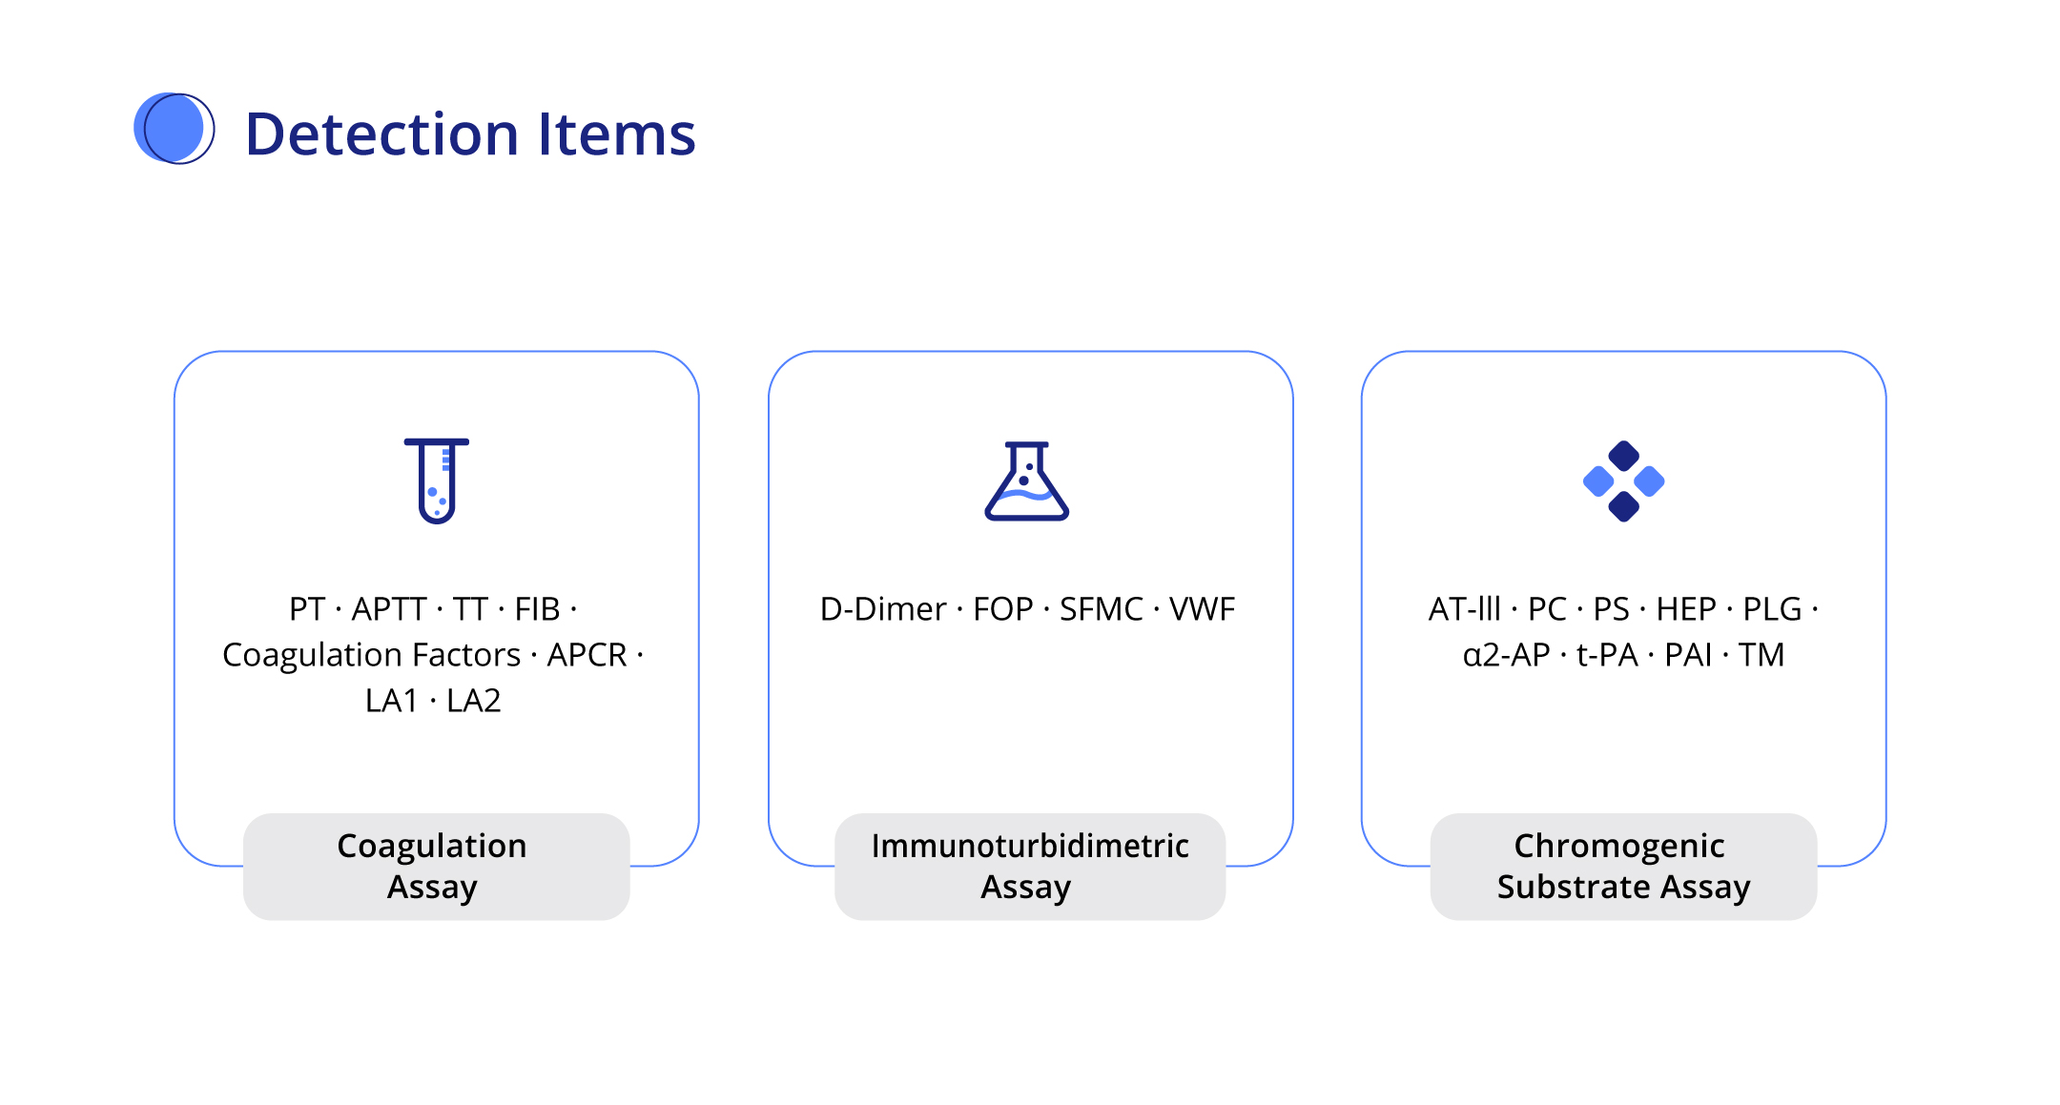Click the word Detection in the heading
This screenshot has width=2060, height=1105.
(381, 133)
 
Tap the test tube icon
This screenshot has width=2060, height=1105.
(437, 481)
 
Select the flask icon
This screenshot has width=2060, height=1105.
(1027, 481)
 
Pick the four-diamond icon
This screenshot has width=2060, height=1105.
(1623, 481)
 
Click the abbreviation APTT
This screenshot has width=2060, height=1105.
(389, 608)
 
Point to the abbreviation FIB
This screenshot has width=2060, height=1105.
(537, 608)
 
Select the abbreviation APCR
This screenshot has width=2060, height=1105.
(587, 655)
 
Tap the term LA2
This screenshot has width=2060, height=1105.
(474, 701)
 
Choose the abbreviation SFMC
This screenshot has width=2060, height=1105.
(1102, 608)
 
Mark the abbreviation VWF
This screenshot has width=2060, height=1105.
(1203, 608)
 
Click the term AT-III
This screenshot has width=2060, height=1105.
(1464, 608)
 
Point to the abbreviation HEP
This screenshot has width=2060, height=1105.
(1686, 608)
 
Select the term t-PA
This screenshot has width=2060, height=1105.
(1607, 655)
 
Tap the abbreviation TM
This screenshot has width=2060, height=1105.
(1761, 655)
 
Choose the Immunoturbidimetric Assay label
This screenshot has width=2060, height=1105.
(1030, 867)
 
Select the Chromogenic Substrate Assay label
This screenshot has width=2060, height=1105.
(1623, 867)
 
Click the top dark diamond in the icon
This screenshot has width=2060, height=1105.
(1623, 456)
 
